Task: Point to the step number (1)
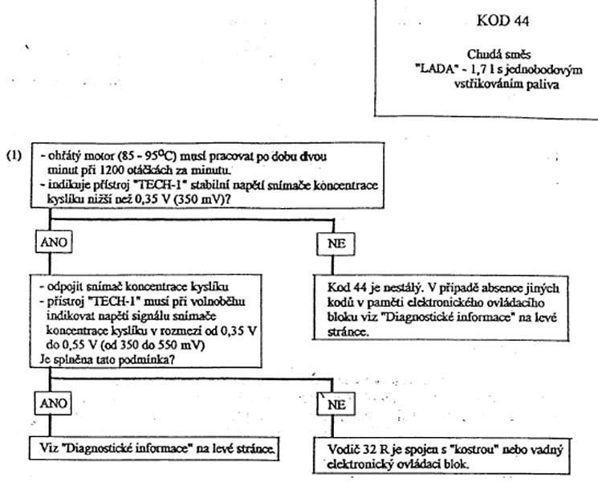(x=14, y=155)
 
